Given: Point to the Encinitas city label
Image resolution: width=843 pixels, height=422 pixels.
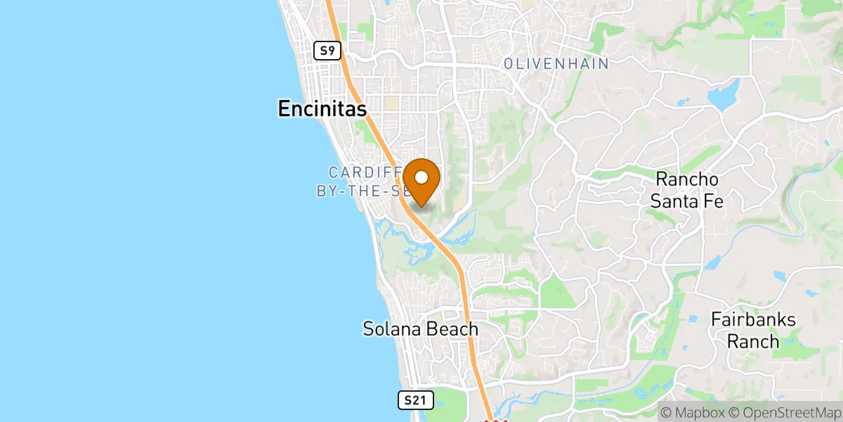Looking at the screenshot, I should click(x=322, y=108).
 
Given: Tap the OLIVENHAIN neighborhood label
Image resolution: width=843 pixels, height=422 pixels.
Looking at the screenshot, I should click(x=556, y=63).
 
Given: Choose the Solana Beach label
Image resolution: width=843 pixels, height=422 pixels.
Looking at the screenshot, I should click(x=420, y=328).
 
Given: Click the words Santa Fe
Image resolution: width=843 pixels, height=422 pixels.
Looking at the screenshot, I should click(x=686, y=201).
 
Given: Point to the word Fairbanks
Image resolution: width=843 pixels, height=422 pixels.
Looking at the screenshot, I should click(x=753, y=319).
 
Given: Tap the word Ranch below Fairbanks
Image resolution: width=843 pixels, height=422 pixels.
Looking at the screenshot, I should click(x=753, y=342).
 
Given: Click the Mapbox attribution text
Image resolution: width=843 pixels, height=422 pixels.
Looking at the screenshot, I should click(x=695, y=412).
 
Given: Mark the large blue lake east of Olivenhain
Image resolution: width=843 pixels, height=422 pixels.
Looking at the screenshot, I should click(x=724, y=96).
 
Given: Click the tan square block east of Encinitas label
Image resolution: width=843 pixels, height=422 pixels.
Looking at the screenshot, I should click(x=391, y=104).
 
